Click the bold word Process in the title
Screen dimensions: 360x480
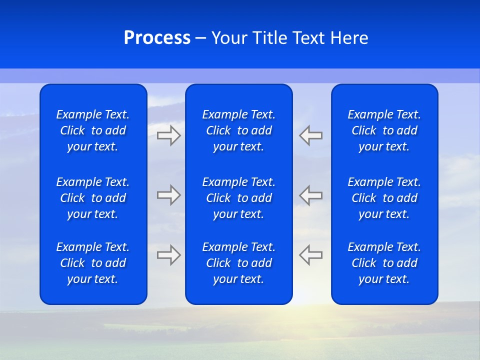pyautogui.click(x=157, y=38)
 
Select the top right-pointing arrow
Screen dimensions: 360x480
pyautogui.click(x=168, y=135)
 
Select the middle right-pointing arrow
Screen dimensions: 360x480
pyautogui.click(x=168, y=195)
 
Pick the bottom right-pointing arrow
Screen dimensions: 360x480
pyautogui.click(x=168, y=254)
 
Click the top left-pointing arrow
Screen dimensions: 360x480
pyautogui.click(x=311, y=135)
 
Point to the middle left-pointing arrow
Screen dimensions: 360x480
pyautogui.click(x=311, y=195)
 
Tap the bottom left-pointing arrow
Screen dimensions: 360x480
pyautogui.click(x=311, y=254)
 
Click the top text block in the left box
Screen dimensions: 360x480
pyautogui.click(x=93, y=130)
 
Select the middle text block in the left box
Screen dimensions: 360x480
pyautogui.click(x=93, y=198)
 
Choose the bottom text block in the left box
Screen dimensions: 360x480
pyautogui.click(x=93, y=263)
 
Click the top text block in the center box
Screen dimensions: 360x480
pyautogui.click(x=239, y=130)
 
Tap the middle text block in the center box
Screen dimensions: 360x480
pyautogui.click(x=239, y=198)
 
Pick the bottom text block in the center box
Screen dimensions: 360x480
pyautogui.click(x=239, y=263)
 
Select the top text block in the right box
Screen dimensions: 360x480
pyautogui.click(x=384, y=130)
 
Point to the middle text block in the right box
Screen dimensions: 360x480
pyautogui.click(x=384, y=198)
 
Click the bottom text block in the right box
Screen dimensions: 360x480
pyautogui.click(x=384, y=263)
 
